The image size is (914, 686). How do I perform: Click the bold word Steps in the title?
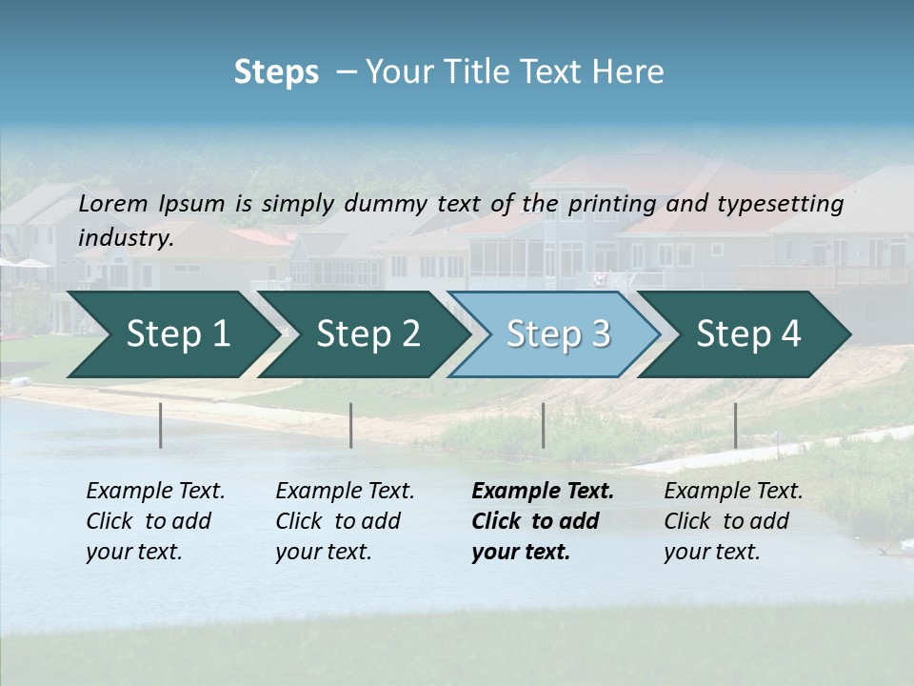click(276, 72)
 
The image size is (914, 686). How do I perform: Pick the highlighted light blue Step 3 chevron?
click(558, 334)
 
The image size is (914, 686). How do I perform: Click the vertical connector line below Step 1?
click(161, 425)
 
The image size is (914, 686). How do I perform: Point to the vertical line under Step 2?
click(351, 425)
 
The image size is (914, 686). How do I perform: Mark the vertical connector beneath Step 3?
click(544, 425)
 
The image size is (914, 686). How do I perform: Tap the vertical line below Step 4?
click(735, 425)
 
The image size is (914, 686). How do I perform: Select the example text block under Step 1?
click(155, 521)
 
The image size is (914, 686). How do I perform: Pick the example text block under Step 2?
click(345, 521)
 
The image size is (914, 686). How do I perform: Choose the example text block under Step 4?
click(733, 521)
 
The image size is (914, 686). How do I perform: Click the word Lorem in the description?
click(113, 203)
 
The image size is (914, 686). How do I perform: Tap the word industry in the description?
click(125, 238)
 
